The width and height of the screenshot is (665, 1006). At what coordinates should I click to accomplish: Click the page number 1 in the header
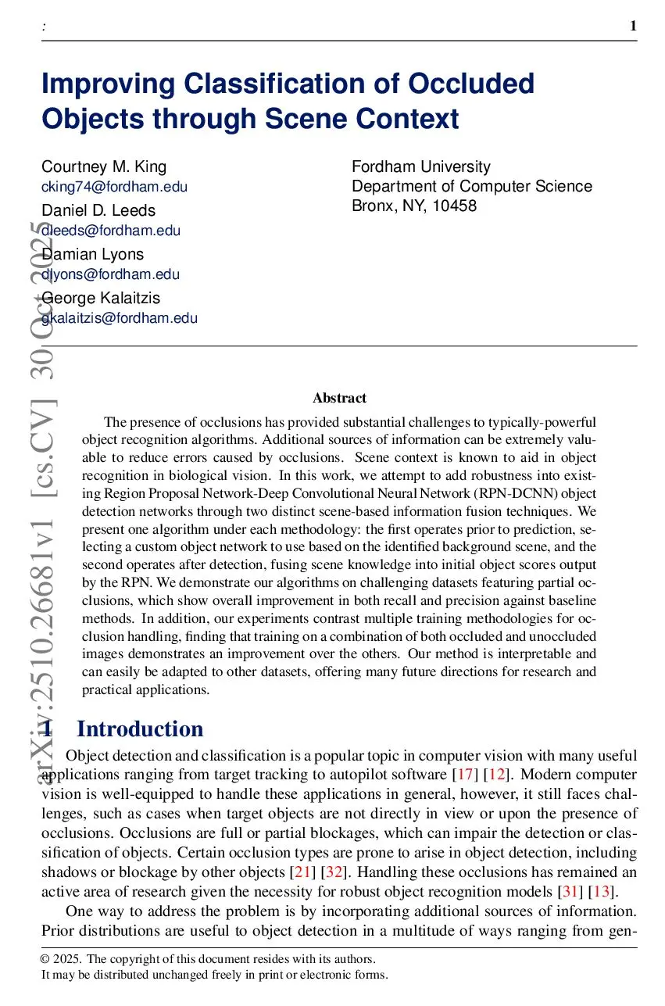tap(633, 27)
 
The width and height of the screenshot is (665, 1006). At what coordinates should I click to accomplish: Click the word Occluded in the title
tap(465, 83)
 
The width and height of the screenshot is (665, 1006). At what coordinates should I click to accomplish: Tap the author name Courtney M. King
tap(104, 166)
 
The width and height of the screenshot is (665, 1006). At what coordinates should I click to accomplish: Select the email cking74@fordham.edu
tap(114, 187)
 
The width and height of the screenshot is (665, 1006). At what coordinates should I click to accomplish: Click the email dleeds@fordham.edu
tap(111, 231)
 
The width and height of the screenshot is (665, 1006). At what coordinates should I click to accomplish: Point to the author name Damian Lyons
tap(93, 254)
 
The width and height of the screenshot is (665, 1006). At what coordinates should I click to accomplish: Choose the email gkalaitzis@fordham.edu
tap(120, 318)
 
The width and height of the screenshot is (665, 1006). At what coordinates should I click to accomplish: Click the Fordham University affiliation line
tap(421, 166)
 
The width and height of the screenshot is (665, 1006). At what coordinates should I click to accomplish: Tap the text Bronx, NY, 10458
tap(414, 206)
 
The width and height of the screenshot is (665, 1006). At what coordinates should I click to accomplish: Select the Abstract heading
tap(339, 398)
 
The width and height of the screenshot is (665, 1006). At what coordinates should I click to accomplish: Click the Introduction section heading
tap(140, 729)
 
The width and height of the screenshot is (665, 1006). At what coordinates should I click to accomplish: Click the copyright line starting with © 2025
tap(209, 959)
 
